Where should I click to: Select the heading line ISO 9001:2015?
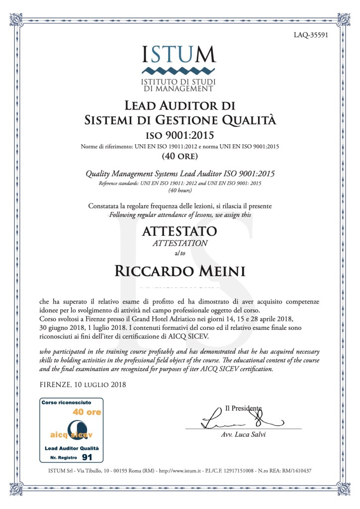tap(180, 136)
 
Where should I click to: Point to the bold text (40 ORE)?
tap(180, 156)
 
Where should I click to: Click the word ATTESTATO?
tap(180, 231)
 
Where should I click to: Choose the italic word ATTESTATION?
tap(180, 243)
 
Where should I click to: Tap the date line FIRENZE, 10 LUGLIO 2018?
tap(83, 384)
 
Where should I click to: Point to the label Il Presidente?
tap(242, 408)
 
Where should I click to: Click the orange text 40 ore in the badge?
tap(87, 412)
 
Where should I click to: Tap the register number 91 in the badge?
tap(87, 456)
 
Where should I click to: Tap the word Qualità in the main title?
tap(249, 120)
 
